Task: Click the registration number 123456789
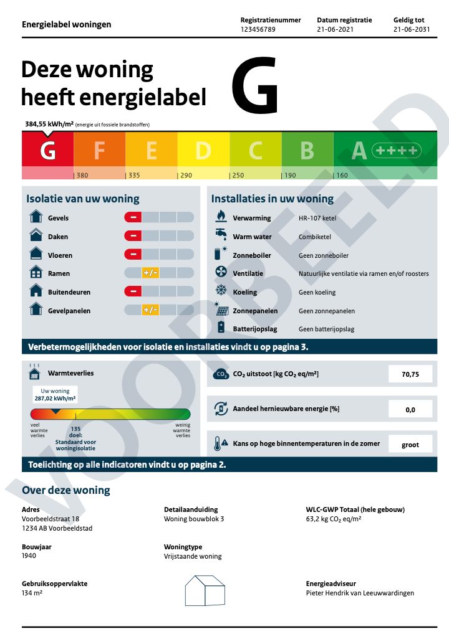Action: click(x=258, y=29)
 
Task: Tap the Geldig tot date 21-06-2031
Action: click(x=412, y=29)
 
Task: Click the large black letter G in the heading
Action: click(x=254, y=85)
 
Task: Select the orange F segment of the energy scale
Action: click(x=99, y=150)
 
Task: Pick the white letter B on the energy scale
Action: click(x=307, y=150)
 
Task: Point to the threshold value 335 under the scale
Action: click(x=133, y=176)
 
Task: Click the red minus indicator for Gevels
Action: click(x=133, y=217)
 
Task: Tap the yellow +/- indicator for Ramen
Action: click(x=150, y=273)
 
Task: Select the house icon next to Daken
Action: click(x=36, y=236)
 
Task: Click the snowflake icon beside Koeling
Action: click(x=221, y=291)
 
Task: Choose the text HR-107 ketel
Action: click(x=317, y=218)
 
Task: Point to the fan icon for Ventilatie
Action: click(x=221, y=273)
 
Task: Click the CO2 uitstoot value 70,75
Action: click(x=410, y=374)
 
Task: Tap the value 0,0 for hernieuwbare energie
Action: click(x=410, y=409)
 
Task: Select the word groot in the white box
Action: click(x=410, y=445)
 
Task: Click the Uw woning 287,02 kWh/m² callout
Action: click(x=55, y=394)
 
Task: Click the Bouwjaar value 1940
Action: click(x=29, y=556)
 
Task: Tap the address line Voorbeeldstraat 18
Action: click(x=51, y=519)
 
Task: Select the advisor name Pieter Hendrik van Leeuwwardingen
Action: click(x=360, y=593)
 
